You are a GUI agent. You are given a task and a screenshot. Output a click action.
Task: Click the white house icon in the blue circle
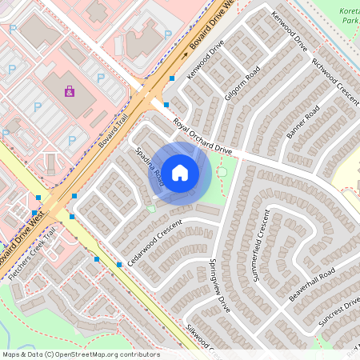[180, 172]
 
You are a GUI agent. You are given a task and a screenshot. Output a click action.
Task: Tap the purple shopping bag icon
[70, 91]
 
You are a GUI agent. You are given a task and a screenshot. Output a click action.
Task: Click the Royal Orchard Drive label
[202, 136]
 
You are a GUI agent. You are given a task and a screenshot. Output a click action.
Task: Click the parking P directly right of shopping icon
[101, 78]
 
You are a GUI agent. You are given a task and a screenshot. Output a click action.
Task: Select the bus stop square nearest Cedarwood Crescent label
[119, 264]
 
